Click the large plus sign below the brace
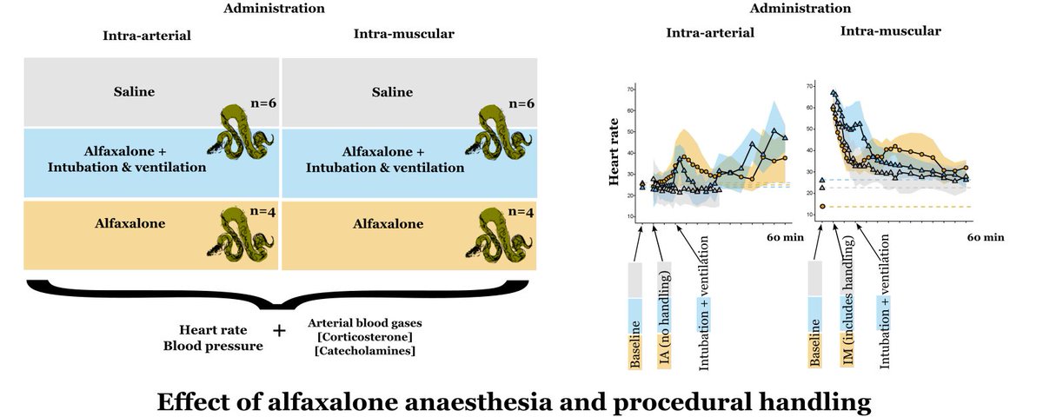277,330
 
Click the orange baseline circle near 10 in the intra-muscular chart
822,207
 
